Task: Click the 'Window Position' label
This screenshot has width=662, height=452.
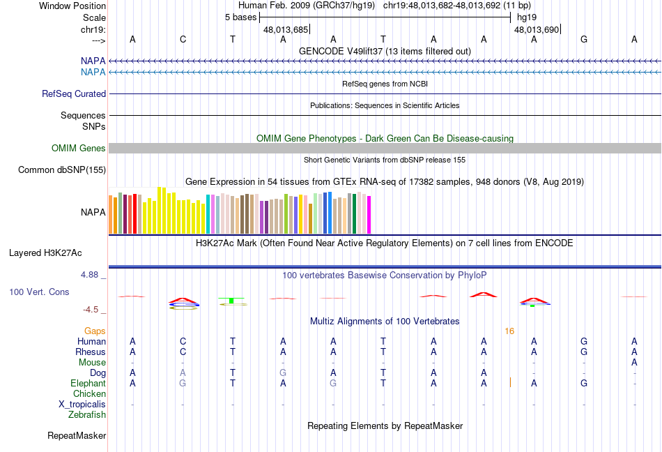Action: [72, 6]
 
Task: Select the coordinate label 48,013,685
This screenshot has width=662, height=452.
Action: [286, 29]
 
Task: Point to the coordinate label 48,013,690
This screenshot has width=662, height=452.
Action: [536, 29]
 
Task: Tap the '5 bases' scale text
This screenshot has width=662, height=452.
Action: [240, 17]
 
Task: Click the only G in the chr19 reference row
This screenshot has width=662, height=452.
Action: [584, 39]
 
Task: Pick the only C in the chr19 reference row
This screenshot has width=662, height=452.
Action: [183, 39]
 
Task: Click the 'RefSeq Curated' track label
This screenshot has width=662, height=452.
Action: [74, 93]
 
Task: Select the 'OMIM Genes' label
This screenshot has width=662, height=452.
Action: [79, 149]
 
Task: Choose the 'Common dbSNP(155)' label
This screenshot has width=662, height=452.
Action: [62, 169]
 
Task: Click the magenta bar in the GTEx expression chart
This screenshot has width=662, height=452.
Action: [369, 215]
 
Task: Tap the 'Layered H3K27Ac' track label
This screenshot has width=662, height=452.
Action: [45, 253]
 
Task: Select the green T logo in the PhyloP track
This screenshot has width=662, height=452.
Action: [231, 301]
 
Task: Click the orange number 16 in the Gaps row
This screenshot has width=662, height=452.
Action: [509, 331]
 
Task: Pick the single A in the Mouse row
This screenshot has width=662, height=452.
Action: [634, 363]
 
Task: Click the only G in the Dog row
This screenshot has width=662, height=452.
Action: [283, 373]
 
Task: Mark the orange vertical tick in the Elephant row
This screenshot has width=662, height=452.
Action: [510, 382]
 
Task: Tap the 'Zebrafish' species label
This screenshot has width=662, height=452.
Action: [87, 415]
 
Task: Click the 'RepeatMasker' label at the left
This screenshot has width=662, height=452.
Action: [77, 435]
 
